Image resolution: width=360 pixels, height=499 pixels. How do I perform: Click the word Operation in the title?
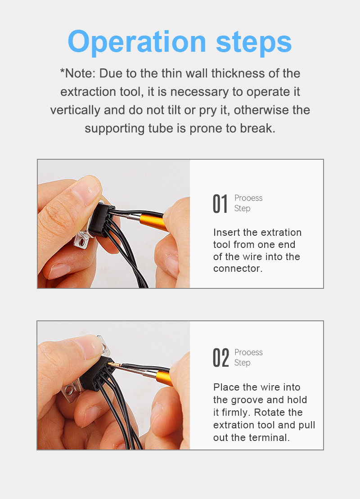pyautogui.click(x=137, y=42)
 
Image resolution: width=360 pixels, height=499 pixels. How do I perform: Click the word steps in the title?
pyautogui.click(x=254, y=42)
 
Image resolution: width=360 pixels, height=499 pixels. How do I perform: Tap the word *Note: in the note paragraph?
pyautogui.click(x=78, y=73)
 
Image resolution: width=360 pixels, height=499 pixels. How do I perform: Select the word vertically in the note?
pyautogui.click(x=75, y=110)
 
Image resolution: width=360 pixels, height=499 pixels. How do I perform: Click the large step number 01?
pyautogui.click(x=220, y=204)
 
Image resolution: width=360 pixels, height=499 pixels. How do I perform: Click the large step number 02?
pyautogui.click(x=220, y=358)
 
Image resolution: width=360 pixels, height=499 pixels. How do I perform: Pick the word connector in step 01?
pyautogui.click(x=238, y=269)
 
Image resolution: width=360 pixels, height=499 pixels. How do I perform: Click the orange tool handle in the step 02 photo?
pyautogui.click(x=164, y=378)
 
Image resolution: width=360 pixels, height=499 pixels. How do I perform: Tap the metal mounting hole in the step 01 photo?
pyautogui.click(x=82, y=243)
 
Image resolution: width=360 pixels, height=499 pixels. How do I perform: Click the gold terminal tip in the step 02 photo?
pyautogui.click(x=112, y=364)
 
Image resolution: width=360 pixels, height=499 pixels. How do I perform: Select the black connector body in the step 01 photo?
pyautogui.click(x=101, y=221)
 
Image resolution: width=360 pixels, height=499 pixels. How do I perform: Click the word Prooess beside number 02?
pyautogui.click(x=248, y=352)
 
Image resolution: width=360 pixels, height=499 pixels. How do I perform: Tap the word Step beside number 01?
pyautogui.click(x=242, y=208)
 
